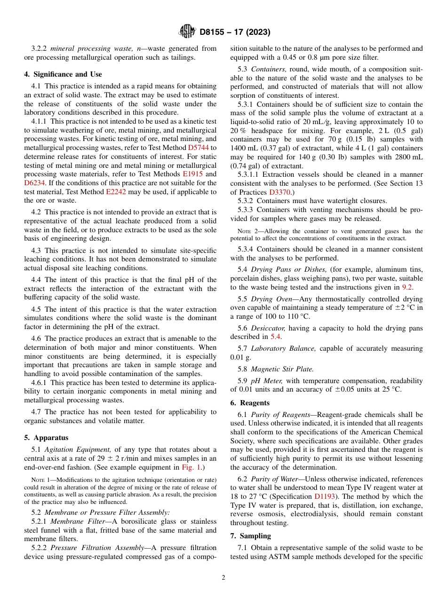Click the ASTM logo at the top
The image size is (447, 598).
[x=187, y=32]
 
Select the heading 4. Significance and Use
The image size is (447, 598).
[x=63, y=74]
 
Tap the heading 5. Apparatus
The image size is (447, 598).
[x=46, y=438]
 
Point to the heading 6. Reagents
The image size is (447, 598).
[x=250, y=403]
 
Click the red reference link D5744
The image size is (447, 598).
[x=199, y=148]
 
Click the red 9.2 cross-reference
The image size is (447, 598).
[x=407, y=287]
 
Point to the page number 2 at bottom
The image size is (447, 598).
[x=223, y=578]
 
